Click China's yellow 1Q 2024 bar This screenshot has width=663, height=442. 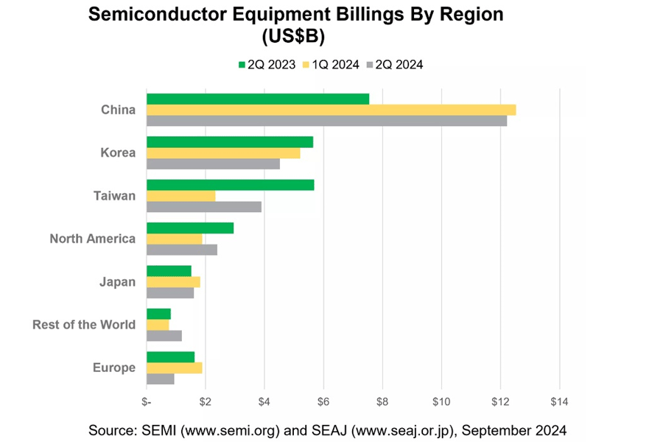click(x=331, y=110)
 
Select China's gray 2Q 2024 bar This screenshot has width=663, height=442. click(x=326, y=121)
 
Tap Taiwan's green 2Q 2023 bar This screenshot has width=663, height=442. click(x=230, y=185)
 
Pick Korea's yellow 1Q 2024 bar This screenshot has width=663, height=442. click(x=223, y=153)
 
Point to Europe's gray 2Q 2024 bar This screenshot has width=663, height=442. click(x=161, y=379)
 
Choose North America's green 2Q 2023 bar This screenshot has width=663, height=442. click(x=190, y=228)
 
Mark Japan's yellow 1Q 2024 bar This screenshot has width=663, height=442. click(x=173, y=281)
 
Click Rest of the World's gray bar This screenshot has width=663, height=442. click(x=164, y=336)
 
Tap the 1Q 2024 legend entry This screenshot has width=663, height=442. click(x=329, y=65)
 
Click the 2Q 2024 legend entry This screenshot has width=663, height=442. click(x=393, y=65)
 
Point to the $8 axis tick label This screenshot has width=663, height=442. click(x=382, y=401)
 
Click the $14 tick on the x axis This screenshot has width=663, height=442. click(x=559, y=401)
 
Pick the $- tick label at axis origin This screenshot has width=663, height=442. click(x=147, y=401)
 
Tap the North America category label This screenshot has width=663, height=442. click(x=92, y=239)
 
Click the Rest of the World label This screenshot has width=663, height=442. click(x=84, y=324)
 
